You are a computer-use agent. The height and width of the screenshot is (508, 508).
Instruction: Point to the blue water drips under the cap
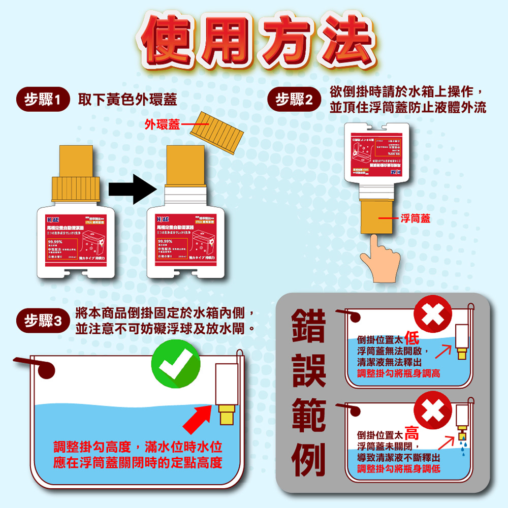click(462, 446)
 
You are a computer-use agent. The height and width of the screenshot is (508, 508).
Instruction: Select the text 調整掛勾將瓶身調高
click(399, 374)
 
